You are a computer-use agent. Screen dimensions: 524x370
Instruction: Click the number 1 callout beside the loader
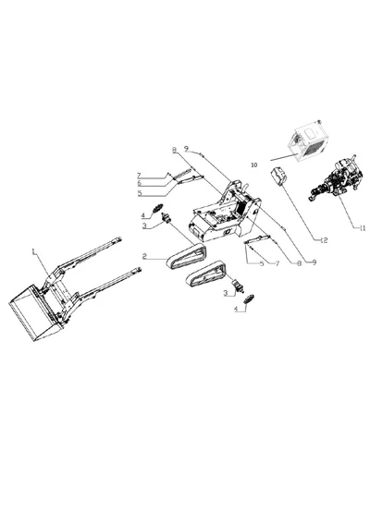(35, 250)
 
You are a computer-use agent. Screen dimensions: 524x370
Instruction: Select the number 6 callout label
(138, 182)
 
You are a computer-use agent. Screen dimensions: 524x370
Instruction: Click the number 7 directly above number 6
(138, 175)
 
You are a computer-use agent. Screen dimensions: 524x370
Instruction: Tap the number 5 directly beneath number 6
(138, 193)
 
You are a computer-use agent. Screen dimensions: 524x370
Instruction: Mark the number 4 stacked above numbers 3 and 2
(143, 215)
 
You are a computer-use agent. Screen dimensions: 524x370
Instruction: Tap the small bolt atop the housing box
(319, 121)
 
